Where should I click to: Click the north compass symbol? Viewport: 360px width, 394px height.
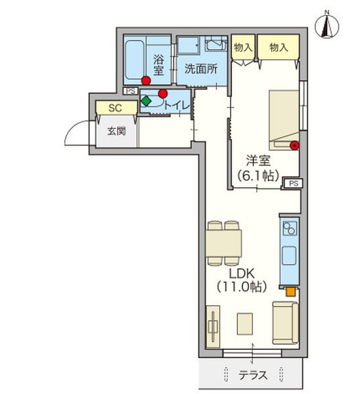tap(326, 26)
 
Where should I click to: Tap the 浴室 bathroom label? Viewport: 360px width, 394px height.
tap(158, 65)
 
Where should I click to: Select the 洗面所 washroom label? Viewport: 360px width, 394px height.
tap(201, 68)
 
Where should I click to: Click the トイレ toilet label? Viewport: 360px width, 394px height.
tap(177, 106)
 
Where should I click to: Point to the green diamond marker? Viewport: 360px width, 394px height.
tap(146, 101)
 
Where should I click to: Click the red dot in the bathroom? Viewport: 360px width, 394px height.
tap(146, 81)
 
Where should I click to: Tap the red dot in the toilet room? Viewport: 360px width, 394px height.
tap(163, 94)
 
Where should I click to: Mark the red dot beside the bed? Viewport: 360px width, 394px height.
tap(294, 145)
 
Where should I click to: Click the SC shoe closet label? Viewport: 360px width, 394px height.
tap(115, 108)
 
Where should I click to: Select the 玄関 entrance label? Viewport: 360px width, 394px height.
tap(116, 131)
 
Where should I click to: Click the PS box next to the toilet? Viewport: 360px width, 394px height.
tap(131, 91)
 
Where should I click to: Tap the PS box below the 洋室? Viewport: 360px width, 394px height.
tap(294, 183)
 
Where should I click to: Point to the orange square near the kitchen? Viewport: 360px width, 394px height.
tap(291, 292)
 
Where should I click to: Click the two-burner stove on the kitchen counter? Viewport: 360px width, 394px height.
tap(290, 228)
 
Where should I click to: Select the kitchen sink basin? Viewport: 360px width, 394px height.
tap(289, 255)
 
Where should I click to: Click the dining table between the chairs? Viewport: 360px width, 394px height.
tap(223, 243)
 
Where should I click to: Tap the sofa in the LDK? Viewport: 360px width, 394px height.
tap(285, 323)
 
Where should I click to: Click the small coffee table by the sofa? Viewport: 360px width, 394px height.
tap(245, 324)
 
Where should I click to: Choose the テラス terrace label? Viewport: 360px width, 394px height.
tap(252, 376)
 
